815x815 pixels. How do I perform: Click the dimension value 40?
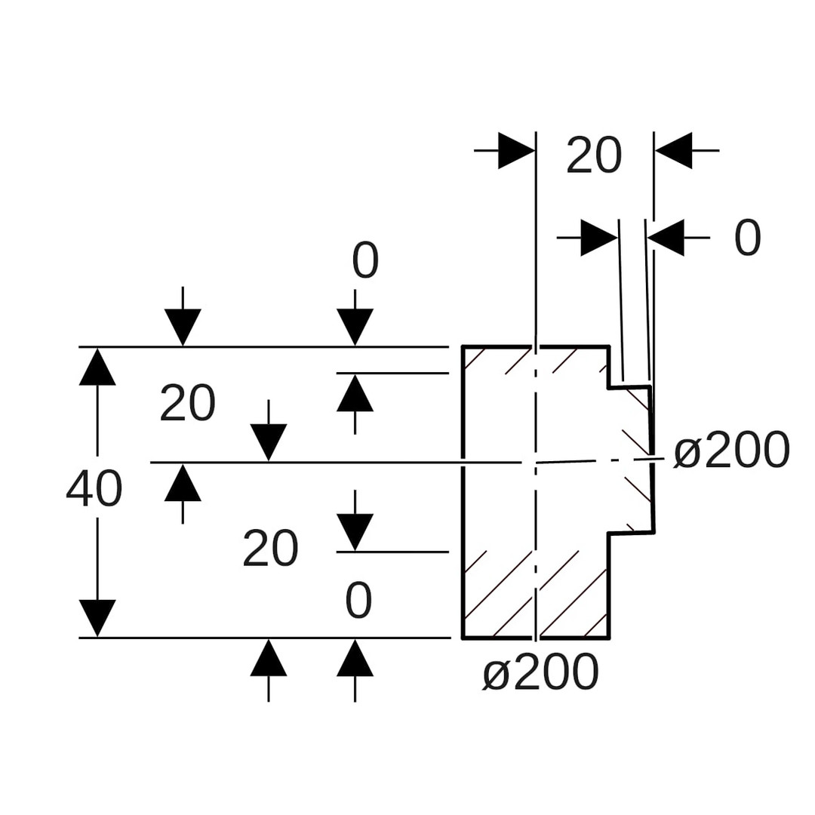[94, 488]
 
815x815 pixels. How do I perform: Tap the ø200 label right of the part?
[731, 451]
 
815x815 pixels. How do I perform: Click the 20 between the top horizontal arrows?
[594, 156]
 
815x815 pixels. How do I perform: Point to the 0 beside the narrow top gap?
[747, 238]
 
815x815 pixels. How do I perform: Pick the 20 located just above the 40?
[187, 403]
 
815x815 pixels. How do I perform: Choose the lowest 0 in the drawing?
[358, 601]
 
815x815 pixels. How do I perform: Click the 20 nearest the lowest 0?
[270, 549]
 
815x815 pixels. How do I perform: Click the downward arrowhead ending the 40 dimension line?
[97, 618]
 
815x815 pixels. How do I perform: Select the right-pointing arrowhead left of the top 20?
[516, 151]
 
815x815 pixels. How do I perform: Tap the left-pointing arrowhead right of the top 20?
[673, 151]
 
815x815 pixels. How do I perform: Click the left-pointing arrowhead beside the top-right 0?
[666, 238]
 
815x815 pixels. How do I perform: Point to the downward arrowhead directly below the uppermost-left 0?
[355, 328]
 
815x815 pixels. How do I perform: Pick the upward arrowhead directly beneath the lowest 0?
[355, 657]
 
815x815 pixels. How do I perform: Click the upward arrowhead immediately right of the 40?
[183, 482]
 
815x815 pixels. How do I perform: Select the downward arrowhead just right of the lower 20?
[355, 532]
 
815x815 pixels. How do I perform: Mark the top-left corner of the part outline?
[463, 346]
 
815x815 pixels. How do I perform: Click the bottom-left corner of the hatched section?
[463, 638]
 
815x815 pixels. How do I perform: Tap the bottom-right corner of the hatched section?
[609, 638]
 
